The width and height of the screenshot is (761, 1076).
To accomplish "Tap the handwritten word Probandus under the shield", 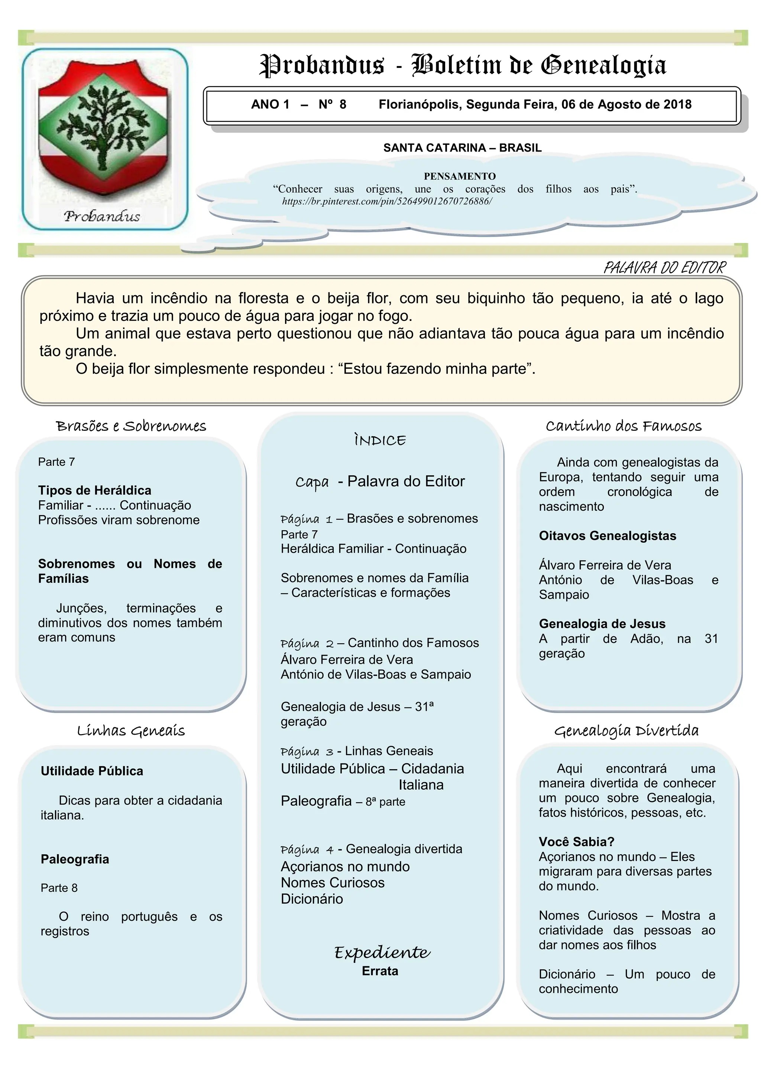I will click(x=102, y=216).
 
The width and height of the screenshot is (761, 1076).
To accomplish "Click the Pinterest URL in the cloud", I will click(x=387, y=202).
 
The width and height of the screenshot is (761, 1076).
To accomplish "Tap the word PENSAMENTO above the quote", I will click(x=460, y=176).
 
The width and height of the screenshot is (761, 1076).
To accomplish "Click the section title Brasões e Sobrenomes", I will click(x=131, y=426).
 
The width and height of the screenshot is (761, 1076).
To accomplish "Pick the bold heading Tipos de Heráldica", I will click(x=95, y=490).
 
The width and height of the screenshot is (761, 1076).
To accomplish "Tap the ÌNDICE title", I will click(x=380, y=440).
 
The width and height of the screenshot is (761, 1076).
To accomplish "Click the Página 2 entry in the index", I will click(x=307, y=643).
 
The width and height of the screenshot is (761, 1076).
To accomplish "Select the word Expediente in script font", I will click(x=382, y=952).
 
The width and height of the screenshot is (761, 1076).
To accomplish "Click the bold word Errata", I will click(x=380, y=971).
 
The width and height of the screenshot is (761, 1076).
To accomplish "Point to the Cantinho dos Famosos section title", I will click(x=623, y=426).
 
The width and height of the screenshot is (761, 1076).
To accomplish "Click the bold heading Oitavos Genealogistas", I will click(x=607, y=536).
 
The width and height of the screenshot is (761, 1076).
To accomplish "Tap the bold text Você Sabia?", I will click(x=576, y=842).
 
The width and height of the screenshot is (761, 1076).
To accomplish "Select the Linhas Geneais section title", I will click(x=131, y=731).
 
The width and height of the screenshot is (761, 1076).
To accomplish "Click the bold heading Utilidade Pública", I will click(x=92, y=771).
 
